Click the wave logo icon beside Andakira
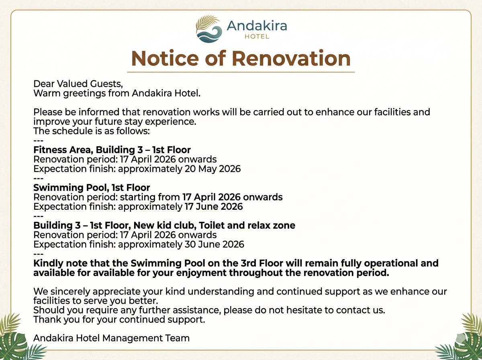pyautogui.click(x=208, y=29)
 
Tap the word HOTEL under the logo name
pyautogui.click(x=257, y=37)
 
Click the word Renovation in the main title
pyautogui.click(x=291, y=58)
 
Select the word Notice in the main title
pyautogui.click(x=165, y=58)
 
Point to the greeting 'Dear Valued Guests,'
pyautogui.click(x=78, y=84)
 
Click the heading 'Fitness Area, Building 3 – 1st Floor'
pyautogui.click(x=112, y=150)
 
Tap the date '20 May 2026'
pyautogui.click(x=212, y=169)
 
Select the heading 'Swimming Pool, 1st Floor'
pyautogui.click(x=92, y=188)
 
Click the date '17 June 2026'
pyautogui.click(x=214, y=207)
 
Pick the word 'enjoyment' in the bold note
pyautogui.click(x=201, y=273)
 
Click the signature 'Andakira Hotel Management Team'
pyautogui.click(x=111, y=338)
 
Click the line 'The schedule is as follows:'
pyautogui.click(x=92, y=131)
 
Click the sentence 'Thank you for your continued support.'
pyautogui.click(x=119, y=319)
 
